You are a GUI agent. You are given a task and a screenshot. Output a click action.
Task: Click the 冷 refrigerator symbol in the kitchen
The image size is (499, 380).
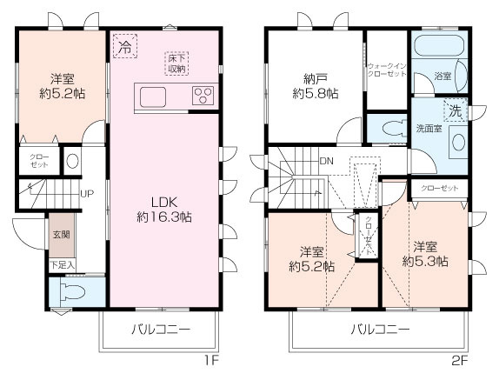pos(124,46)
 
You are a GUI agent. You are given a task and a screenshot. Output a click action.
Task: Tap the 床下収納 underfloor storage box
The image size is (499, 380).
pos(177,63)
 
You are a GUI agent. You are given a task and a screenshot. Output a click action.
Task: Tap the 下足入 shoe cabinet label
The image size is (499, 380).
pos(61,264)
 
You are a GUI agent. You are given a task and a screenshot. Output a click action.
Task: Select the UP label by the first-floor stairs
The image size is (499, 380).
pos(87,193)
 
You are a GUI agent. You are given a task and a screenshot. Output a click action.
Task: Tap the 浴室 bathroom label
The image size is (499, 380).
pos(442,77)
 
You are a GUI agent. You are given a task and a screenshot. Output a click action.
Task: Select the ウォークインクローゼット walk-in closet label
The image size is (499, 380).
pos(387,70)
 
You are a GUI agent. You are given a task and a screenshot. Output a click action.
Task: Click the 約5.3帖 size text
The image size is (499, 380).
pos(425,261)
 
